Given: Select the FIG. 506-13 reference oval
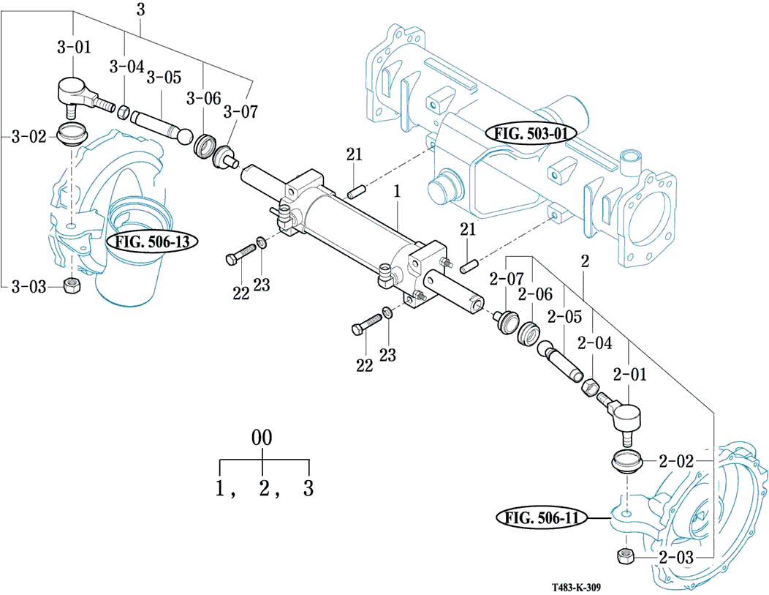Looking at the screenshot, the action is tap(152, 242).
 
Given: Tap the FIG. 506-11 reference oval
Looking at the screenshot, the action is tap(542, 518).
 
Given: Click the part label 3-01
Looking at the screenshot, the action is tap(74, 47).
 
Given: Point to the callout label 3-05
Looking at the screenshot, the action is tap(164, 77).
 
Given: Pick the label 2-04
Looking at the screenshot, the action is tap(594, 343).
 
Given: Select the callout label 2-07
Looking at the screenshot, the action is tap(507, 280).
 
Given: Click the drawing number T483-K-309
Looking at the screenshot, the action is tap(576, 588).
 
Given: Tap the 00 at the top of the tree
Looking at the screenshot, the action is tap(262, 438).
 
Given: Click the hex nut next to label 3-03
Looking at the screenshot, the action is tap(72, 285).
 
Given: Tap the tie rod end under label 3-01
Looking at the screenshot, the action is tap(83, 96).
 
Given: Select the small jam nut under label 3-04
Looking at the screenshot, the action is tap(124, 113).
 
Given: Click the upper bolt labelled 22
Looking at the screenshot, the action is tap(240, 253).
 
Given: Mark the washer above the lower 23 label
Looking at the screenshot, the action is tap(387, 313).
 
